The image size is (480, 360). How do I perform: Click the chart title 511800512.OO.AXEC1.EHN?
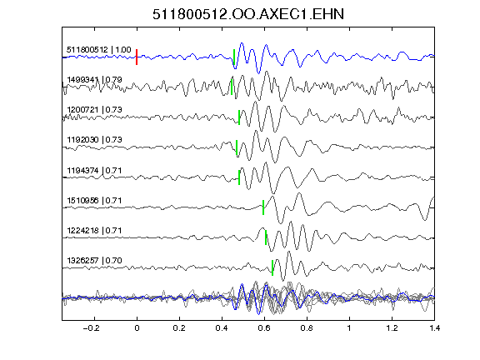(248, 14)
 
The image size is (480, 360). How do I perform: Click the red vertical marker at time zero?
(137, 57)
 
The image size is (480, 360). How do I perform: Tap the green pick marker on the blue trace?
(234, 57)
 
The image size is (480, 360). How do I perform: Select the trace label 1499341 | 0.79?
(94, 80)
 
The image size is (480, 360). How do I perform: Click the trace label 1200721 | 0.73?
(94, 110)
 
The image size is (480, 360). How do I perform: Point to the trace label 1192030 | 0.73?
(94, 140)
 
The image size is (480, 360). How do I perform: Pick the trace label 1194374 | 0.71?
(94, 170)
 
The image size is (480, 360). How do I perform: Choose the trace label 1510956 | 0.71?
(94, 201)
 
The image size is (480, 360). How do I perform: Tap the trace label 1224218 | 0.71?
(94, 231)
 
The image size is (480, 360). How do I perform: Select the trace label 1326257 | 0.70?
(94, 261)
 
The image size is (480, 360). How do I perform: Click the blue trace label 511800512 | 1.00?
(99, 50)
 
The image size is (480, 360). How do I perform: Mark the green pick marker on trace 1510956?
(263, 207)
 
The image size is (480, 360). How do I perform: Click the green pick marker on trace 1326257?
(272, 267)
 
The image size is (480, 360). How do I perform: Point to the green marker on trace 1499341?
(232, 87)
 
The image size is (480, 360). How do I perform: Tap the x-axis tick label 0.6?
(264, 328)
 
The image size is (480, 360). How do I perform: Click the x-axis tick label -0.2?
(92, 328)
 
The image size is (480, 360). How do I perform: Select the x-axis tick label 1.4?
(434, 328)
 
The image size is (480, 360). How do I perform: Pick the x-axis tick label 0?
(137, 328)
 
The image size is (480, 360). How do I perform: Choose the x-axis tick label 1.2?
(392, 328)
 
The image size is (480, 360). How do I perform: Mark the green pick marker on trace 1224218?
(266, 237)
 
